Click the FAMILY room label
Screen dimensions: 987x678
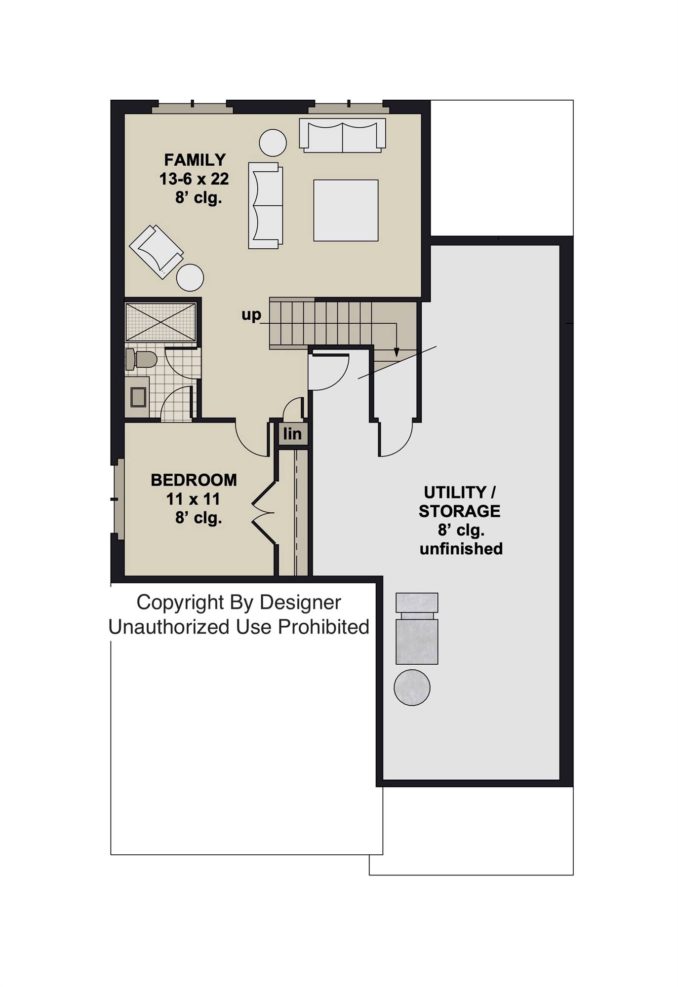pos(195,160)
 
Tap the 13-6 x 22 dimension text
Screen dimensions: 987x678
pos(194,179)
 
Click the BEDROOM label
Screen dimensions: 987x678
pos(194,480)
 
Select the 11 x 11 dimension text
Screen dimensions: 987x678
pos(193,499)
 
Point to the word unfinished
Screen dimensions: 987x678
pos(461,548)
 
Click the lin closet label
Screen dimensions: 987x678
pos(292,434)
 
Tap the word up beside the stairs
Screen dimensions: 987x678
pos(251,315)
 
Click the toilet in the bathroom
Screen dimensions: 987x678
pos(140,359)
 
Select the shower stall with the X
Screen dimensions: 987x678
pos(160,322)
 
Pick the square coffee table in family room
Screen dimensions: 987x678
pos(346,210)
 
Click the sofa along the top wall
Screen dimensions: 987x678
pos(342,135)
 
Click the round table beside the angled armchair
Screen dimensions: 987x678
pos(190,277)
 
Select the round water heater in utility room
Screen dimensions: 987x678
pos(412,687)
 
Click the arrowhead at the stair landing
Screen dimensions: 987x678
pos(396,352)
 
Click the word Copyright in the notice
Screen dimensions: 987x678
pos(180,602)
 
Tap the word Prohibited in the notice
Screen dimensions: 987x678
pos(323,627)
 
